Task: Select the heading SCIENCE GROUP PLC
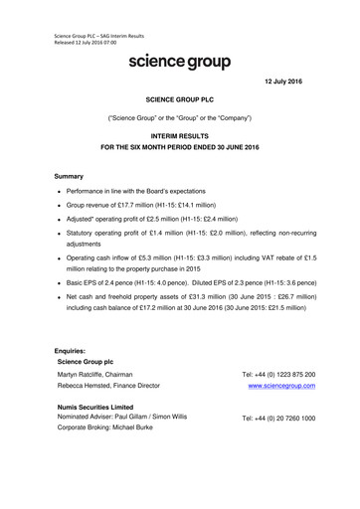point(180,101)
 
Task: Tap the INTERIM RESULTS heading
point(180,133)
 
